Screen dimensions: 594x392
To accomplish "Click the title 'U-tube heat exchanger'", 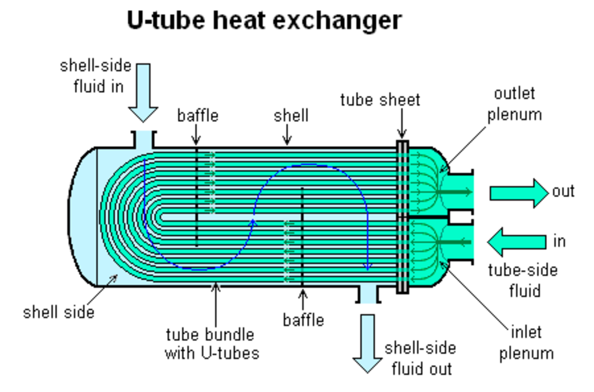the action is (x=264, y=21).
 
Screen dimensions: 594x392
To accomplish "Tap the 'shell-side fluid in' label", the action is (x=96, y=76).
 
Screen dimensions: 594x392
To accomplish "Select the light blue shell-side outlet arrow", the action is (x=367, y=343).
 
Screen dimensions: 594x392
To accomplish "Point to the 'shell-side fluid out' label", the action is (x=421, y=358).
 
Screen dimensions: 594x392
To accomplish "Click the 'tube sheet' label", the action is (x=380, y=100).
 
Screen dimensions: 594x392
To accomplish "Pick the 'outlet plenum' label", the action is (x=515, y=104).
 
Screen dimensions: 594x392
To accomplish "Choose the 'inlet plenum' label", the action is (x=526, y=343).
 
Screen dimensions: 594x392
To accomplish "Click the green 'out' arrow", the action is (x=519, y=193).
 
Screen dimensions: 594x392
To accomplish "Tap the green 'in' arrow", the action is (x=517, y=242).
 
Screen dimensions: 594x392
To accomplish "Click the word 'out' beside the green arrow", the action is (x=563, y=191).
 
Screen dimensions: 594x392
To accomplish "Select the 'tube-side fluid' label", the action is (x=523, y=281).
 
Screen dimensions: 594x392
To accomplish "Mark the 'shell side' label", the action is (x=58, y=312).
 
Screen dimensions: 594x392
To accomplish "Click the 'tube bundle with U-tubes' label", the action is (x=212, y=343).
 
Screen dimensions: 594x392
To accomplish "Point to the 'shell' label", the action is (x=291, y=116).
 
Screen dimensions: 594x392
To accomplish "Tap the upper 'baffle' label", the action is (x=198, y=116).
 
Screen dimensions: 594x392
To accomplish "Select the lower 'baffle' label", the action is (x=303, y=320).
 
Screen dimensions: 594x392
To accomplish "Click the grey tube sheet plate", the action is (x=402, y=217).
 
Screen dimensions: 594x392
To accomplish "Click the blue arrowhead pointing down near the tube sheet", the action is (x=367, y=267).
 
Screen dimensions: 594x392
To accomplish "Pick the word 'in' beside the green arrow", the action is (x=559, y=242).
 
